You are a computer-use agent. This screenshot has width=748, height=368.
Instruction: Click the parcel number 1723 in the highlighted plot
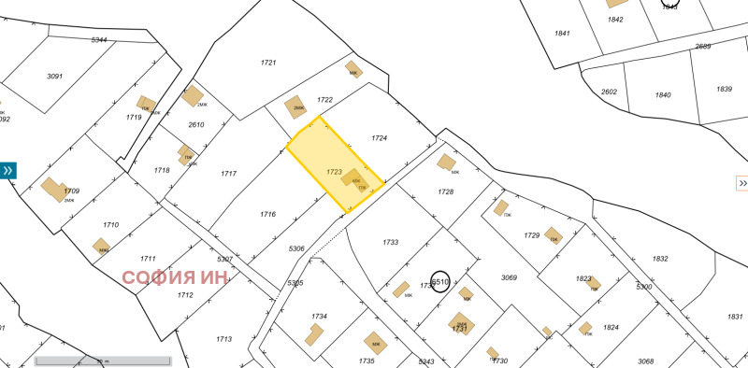[x=334, y=172]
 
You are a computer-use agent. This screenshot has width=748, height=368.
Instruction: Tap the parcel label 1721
[x=268, y=63]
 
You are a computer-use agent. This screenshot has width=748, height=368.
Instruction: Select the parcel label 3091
[x=54, y=77]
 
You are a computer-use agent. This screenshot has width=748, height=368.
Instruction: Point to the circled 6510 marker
[x=440, y=281]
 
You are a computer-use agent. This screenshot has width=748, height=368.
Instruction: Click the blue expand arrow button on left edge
[x=7, y=170]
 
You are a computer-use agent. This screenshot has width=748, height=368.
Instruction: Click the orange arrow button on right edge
[x=742, y=182]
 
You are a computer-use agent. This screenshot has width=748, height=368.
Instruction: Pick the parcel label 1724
[x=379, y=138]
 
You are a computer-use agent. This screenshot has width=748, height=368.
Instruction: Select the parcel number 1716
[x=267, y=214]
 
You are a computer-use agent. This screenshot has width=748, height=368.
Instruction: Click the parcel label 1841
[x=562, y=34]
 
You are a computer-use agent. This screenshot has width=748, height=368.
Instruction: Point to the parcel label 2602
[x=609, y=92]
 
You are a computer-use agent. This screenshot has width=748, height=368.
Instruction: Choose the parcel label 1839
[x=724, y=89]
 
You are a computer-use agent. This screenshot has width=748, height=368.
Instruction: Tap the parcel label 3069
[x=509, y=277]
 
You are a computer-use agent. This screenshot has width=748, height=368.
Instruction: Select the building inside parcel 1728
[x=446, y=162]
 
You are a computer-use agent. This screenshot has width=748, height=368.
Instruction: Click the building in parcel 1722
[x=295, y=107]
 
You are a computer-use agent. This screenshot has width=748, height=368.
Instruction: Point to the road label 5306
[x=296, y=248]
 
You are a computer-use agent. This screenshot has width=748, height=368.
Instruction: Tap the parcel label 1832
[x=660, y=259]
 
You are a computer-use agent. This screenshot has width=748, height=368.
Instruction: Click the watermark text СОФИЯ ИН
[x=176, y=277]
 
